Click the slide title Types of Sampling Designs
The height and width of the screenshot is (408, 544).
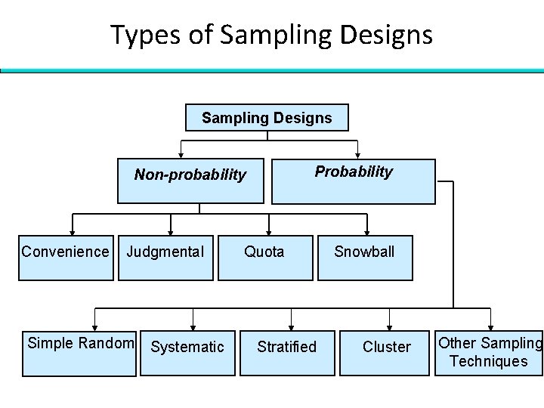[x=271, y=34]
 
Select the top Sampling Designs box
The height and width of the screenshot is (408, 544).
[x=266, y=118]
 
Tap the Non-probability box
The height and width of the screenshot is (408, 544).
[x=190, y=181]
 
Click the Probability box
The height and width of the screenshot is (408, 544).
[x=354, y=181]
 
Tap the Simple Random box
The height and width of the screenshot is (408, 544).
[x=81, y=352]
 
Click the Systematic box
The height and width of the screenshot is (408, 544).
[x=187, y=352]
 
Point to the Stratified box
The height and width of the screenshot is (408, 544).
[x=286, y=352]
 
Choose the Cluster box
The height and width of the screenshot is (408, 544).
[x=387, y=352]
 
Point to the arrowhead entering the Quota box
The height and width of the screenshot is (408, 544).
[x=269, y=233]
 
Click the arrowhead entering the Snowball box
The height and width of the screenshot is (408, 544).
[x=368, y=233]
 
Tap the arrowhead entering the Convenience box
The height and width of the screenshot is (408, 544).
[x=72, y=233]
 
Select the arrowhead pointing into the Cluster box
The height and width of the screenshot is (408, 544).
[x=390, y=326]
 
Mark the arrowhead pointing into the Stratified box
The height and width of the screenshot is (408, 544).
[x=292, y=326]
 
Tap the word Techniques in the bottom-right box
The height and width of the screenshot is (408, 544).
[x=488, y=361]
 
